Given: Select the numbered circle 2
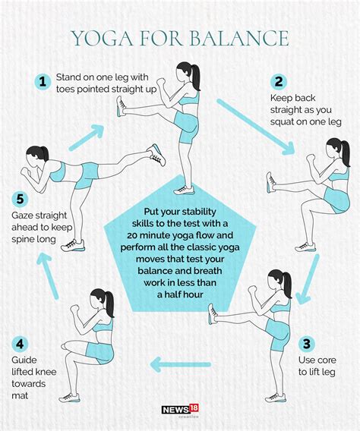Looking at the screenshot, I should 279,82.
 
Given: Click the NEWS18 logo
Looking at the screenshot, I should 180,411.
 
